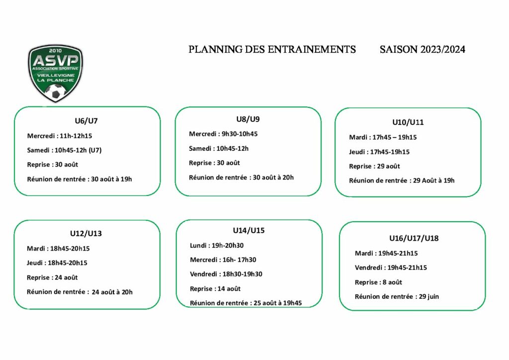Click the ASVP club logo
click(x=56, y=73)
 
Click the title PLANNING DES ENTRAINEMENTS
click(x=272, y=49)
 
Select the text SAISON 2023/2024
click(x=423, y=49)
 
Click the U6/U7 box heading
click(x=86, y=121)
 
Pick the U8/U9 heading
click(x=248, y=119)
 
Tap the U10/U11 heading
click(x=408, y=122)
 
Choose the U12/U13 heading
click(x=86, y=233)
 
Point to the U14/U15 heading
click(x=249, y=231)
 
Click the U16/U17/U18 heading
click(x=414, y=238)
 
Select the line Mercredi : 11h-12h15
click(x=60, y=136)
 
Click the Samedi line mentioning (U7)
click(x=64, y=150)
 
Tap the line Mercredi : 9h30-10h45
click(x=223, y=134)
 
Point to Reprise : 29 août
click(x=374, y=166)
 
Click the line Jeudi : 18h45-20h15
click(x=57, y=263)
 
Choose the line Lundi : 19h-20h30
click(x=217, y=246)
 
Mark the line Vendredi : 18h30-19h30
click(x=226, y=274)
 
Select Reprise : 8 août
click(x=378, y=282)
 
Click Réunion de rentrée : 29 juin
click(x=397, y=296)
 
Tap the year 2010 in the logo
click(x=56, y=51)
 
